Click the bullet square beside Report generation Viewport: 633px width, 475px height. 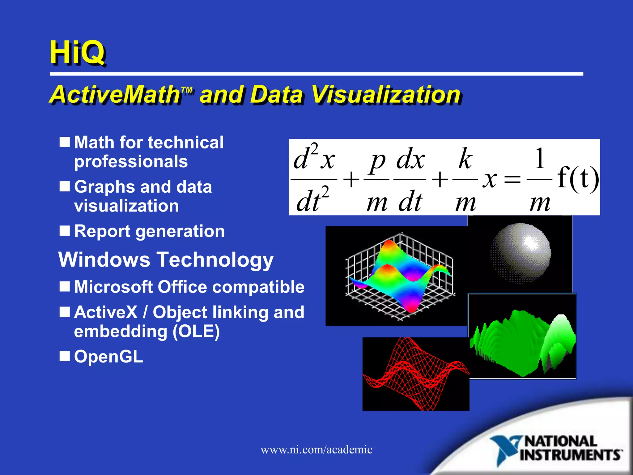click(65, 231)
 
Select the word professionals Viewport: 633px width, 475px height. click(131, 161)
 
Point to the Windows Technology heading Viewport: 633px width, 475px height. click(166, 259)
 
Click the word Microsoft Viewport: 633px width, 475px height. click(113, 287)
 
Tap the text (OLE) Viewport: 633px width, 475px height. click(196, 332)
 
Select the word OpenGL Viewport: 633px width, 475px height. click(108, 357)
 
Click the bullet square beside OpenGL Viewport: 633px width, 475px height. click(65, 356)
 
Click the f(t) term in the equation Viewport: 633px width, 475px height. click(577, 178)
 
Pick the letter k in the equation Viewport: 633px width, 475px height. click(465, 159)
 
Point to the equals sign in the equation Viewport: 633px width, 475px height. click(512, 179)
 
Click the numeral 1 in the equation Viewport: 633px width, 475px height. click(540, 158)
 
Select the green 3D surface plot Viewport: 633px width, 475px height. click(522, 340)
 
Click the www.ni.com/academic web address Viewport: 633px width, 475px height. click(316, 450)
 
